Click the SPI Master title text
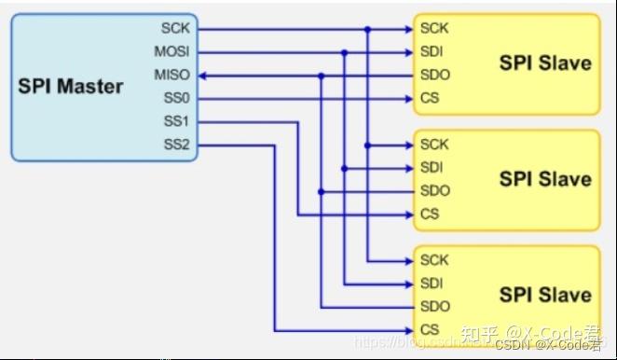pyautogui.click(x=71, y=87)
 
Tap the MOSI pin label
pyautogui.click(x=172, y=51)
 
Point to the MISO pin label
pyautogui.click(x=172, y=74)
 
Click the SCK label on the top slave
pyautogui.click(x=434, y=28)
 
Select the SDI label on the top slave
pyautogui.click(x=432, y=51)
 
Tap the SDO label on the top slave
pyautogui.click(x=434, y=75)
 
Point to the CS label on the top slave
pyautogui.click(x=430, y=98)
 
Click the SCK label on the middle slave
pyautogui.click(x=434, y=145)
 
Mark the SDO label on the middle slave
pyautogui.click(x=434, y=191)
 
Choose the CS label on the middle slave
pyautogui.click(x=430, y=215)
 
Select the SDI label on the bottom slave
pyautogui.click(x=432, y=284)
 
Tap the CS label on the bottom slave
pyautogui.click(x=430, y=329)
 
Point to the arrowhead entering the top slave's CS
pyautogui.click(x=408, y=99)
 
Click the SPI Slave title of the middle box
pyautogui.click(x=545, y=179)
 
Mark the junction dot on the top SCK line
pyautogui.click(x=368, y=29)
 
